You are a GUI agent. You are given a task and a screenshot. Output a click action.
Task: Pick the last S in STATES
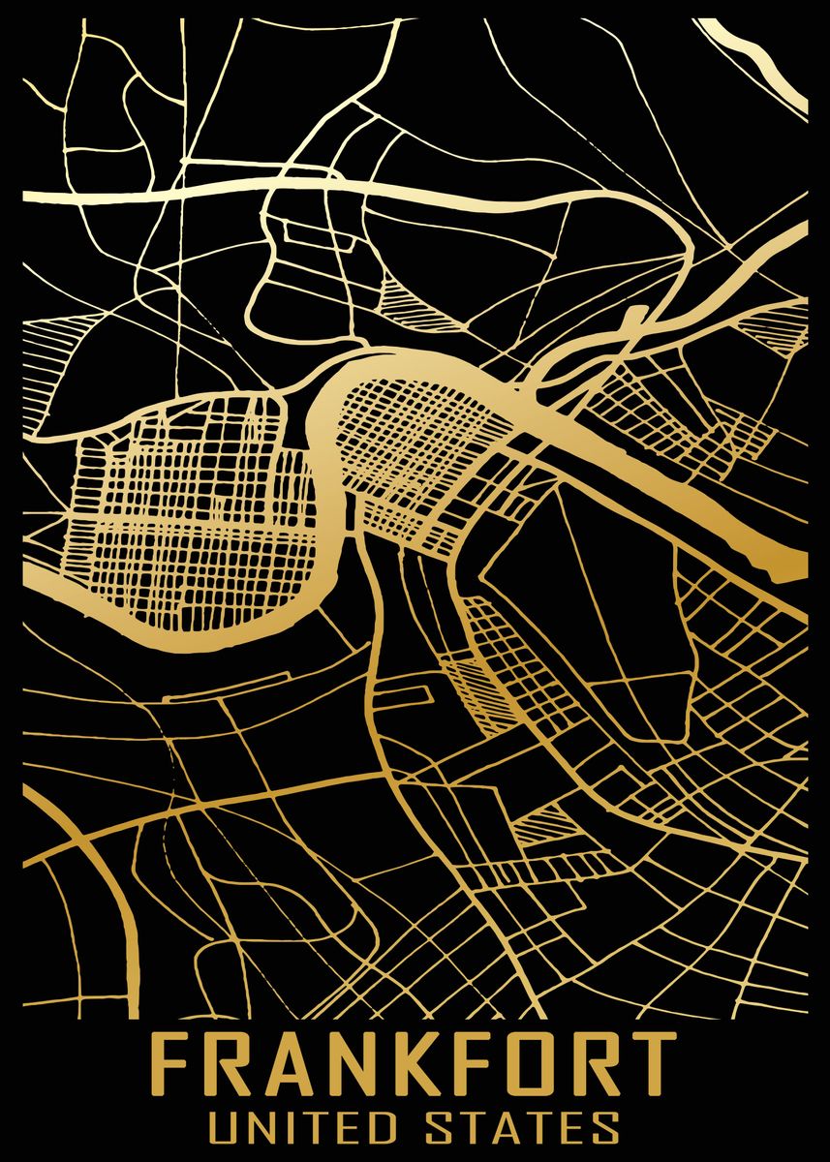click(603, 1128)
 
